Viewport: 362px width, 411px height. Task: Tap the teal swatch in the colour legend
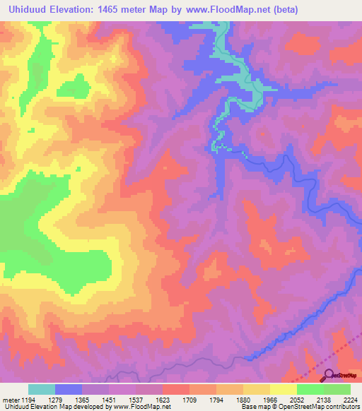[41, 389]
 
